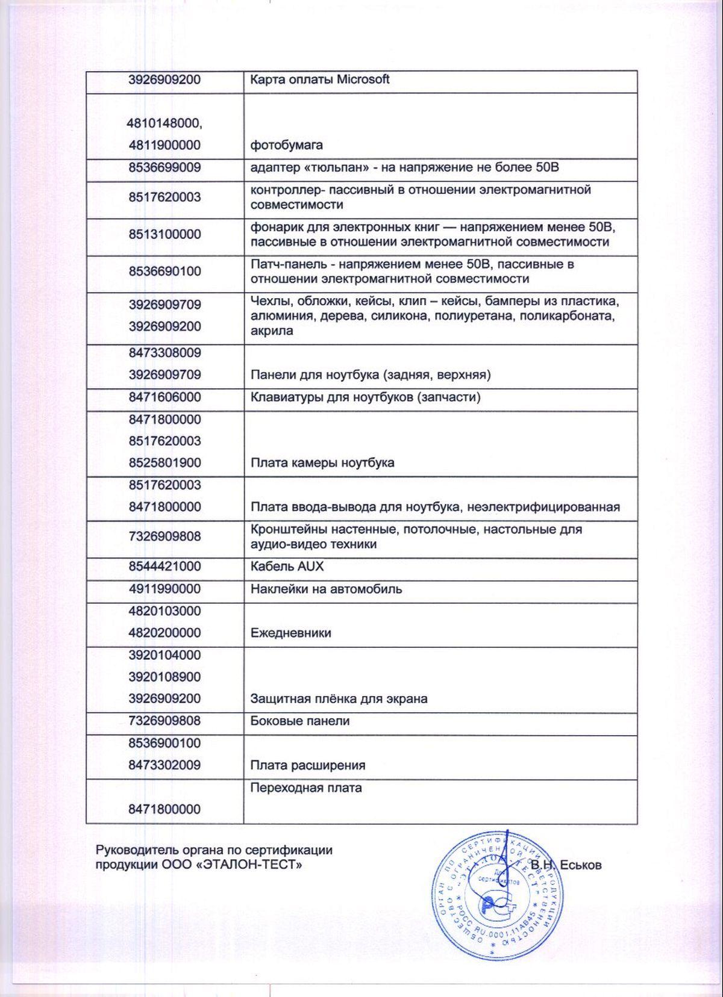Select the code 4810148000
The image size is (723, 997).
[x=164, y=123]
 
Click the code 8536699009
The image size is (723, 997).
[x=164, y=167]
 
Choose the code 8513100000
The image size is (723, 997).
[x=164, y=234]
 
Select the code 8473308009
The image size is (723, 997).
[x=164, y=352]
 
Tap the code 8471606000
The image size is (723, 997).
[x=164, y=397]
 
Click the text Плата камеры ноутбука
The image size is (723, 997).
[x=322, y=463]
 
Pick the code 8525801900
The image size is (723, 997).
[x=164, y=463]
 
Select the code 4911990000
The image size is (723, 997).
[x=164, y=589]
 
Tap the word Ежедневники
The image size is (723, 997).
[x=290, y=633]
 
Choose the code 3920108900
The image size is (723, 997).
[x=164, y=677]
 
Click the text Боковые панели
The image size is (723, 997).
[x=300, y=721]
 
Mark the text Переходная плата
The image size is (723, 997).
[x=306, y=788]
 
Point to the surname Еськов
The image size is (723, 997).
[x=580, y=866]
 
